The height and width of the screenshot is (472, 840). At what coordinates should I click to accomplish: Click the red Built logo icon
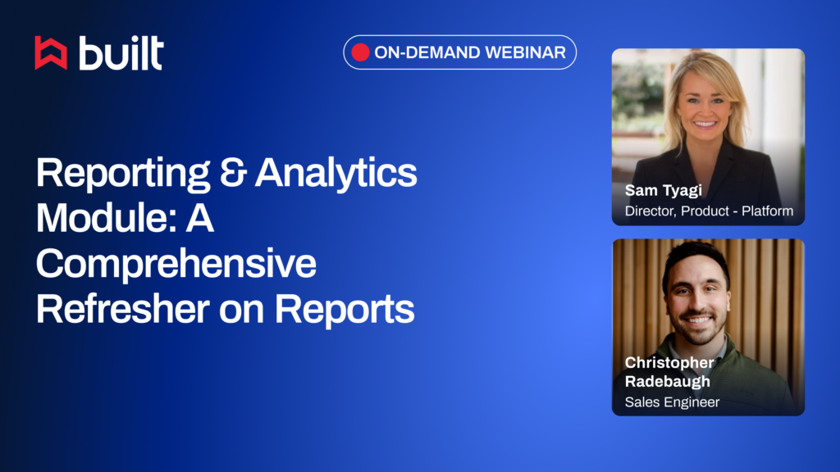click(51, 53)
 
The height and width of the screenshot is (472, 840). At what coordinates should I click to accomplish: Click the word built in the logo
click(121, 53)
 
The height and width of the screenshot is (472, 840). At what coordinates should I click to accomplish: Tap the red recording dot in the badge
click(361, 52)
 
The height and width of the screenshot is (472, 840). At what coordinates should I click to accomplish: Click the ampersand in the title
click(233, 172)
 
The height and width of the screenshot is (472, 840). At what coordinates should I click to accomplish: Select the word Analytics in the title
click(336, 174)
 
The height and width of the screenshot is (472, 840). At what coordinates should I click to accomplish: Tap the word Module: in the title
click(107, 218)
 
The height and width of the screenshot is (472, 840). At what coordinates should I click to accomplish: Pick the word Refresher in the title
click(123, 309)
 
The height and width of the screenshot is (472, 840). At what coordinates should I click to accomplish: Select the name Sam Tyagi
click(663, 191)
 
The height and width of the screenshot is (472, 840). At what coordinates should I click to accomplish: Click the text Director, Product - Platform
click(710, 211)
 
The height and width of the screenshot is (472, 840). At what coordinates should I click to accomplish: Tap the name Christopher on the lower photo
click(669, 363)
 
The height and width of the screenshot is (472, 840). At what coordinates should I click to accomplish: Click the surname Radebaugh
click(668, 382)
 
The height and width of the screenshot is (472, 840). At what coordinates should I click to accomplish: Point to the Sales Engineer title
click(673, 402)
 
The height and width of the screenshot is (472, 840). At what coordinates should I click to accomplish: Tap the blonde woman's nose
click(705, 110)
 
